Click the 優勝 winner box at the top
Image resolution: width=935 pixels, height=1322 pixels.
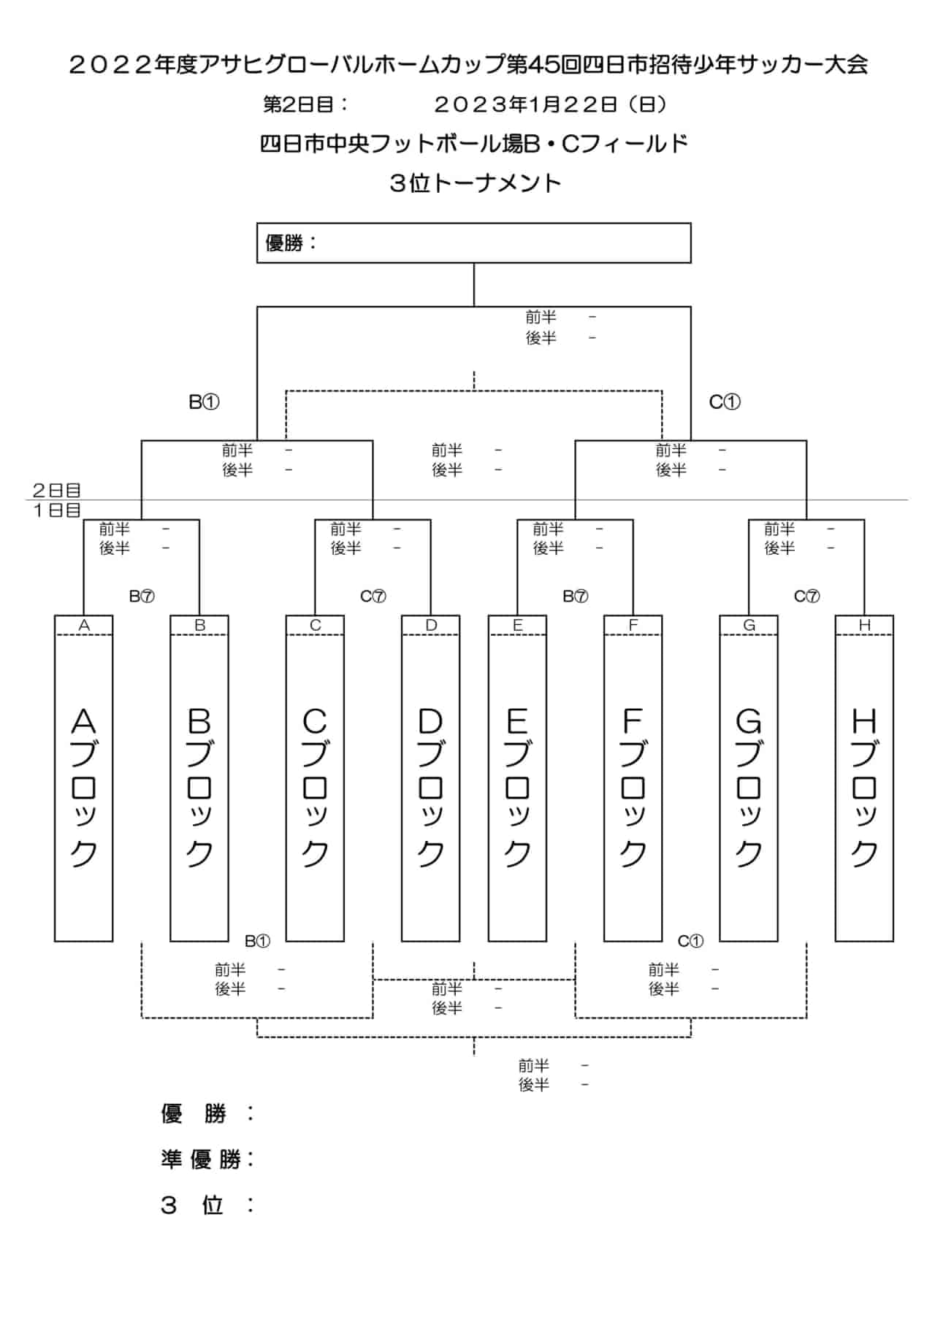[473, 243]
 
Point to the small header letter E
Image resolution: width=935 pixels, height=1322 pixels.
[517, 625]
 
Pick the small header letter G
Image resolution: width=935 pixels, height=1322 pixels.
[749, 625]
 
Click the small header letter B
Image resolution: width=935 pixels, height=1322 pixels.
[199, 625]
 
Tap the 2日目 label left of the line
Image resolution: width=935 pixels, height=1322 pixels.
[56, 490]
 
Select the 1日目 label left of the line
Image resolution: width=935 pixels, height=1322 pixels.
[56, 510]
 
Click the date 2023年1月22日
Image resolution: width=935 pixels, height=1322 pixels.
[526, 105]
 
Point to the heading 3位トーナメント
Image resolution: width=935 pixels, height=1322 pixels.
[475, 182]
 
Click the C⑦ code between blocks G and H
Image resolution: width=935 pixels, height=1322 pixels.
[806, 596]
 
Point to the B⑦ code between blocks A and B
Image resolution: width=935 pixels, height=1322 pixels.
[142, 596]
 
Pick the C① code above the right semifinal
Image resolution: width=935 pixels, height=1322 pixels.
[725, 401]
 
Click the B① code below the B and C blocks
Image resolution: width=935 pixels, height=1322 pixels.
[257, 941]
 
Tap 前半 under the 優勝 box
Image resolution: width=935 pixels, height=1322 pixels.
[541, 317]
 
